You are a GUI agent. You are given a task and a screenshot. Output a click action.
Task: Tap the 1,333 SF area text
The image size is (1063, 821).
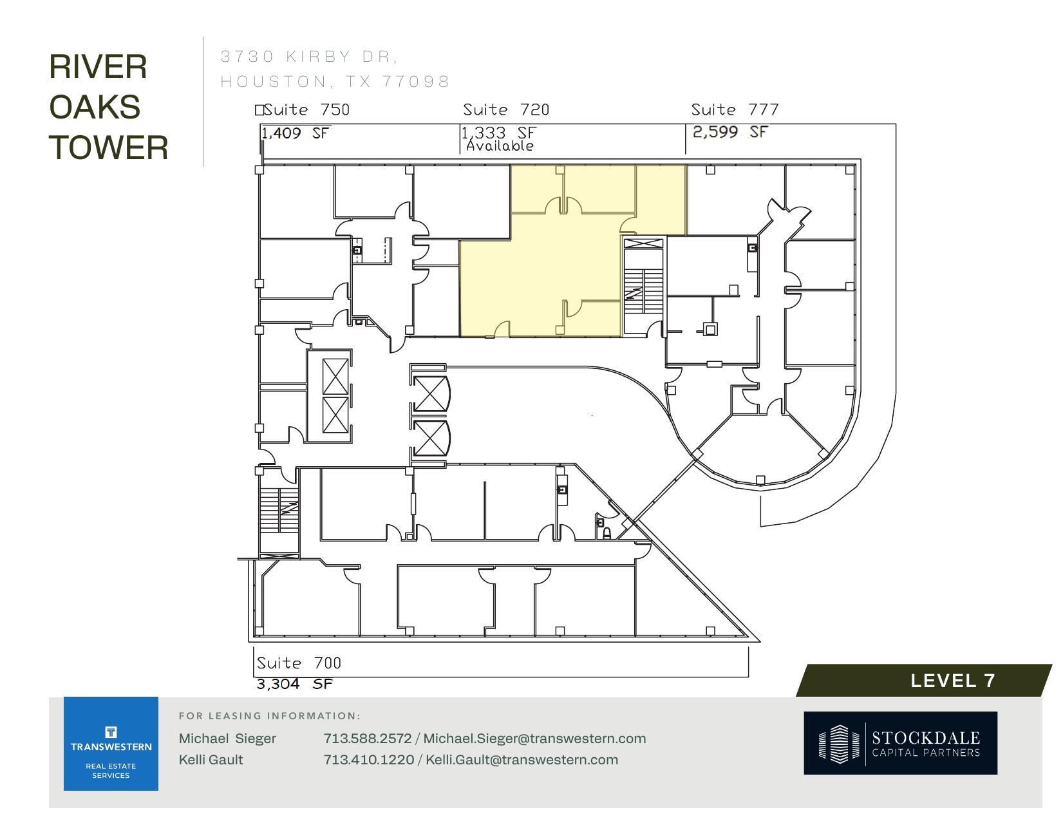(498, 133)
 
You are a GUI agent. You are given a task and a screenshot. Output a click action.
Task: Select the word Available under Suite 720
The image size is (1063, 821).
(500, 146)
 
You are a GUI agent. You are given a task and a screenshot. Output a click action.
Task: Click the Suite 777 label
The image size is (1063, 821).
(735, 110)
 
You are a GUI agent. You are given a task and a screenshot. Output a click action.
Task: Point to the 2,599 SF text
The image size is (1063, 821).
(730, 132)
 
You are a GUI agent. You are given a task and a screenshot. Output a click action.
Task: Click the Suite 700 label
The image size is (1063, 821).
(299, 663)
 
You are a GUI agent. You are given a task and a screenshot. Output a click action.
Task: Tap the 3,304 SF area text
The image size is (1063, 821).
(295, 684)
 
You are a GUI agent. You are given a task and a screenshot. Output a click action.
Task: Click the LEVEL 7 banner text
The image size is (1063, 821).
(952, 681)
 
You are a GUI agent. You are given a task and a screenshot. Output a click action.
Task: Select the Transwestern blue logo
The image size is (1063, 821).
(111, 744)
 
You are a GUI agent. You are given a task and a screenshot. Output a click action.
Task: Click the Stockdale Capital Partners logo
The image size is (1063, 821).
(900, 743)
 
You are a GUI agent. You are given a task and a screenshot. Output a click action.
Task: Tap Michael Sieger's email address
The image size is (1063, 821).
(534, 739)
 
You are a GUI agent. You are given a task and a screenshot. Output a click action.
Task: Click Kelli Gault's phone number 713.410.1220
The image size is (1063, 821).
(368, 760)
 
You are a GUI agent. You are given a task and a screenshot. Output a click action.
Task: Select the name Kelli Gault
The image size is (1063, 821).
(211, 760)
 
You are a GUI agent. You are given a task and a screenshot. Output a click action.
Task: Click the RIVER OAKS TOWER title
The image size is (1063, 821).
(108, 107)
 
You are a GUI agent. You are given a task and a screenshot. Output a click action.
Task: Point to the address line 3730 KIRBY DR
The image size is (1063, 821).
(309, 57)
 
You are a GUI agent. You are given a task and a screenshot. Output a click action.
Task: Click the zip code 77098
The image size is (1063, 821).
(415, 82)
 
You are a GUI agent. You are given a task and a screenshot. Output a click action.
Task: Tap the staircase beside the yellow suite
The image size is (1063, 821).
(643, 286)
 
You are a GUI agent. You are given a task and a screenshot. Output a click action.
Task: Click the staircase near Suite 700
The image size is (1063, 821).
(279, 511)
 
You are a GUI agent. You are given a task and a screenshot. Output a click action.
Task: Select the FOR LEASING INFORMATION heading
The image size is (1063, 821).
(269, 716)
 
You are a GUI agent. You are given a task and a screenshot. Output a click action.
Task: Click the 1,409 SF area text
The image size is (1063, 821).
(295, 133)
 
